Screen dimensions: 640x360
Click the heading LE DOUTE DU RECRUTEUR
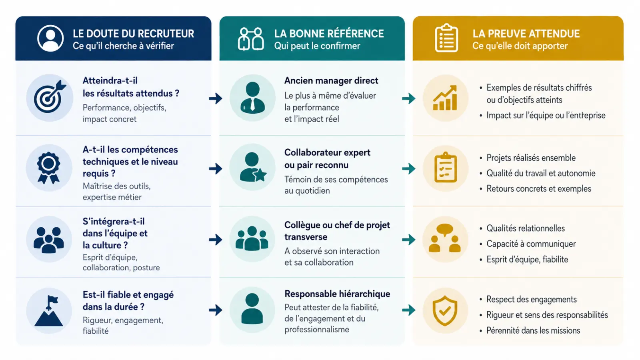(133, 34)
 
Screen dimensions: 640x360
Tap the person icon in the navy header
(50, 38)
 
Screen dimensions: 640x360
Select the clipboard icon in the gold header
(446, 38)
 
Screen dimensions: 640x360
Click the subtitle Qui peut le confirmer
(317, 46)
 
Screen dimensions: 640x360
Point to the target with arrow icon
(50, 97)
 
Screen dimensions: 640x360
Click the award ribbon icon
(48, 168)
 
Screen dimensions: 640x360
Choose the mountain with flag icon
(48, 311)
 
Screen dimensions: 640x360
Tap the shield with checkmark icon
(445, 311)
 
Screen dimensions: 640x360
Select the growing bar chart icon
(445, 98)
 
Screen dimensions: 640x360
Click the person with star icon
(253, 167)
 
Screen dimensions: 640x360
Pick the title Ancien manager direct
(331, 80)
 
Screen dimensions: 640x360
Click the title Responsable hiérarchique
(337, 294)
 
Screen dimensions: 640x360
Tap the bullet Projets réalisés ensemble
(531, 158)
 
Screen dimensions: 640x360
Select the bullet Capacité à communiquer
(531, 244)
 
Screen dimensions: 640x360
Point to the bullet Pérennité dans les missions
(533, 330)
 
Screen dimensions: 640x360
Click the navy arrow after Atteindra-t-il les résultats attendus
(216, 98)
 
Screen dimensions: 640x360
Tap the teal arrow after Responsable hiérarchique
(408, 310)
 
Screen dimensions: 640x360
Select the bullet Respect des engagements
(532, 300)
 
